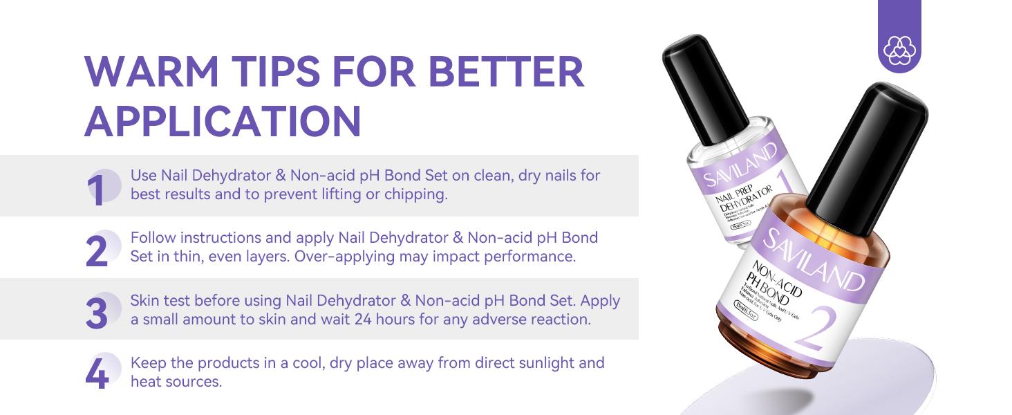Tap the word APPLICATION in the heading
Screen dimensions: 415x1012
tap(223, 121)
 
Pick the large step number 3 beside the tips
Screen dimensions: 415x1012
tap(97, 313)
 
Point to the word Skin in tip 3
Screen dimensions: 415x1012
tap(144, 302)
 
